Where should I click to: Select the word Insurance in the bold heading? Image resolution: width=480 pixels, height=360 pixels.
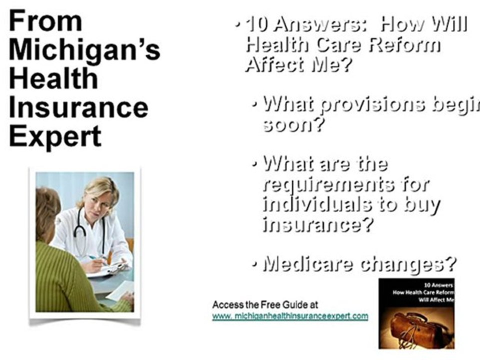click(x=78, y=107)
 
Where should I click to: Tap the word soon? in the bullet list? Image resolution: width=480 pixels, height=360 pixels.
click(x=293, y=124)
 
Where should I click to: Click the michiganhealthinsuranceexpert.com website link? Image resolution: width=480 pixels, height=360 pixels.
click(x=290, y=316)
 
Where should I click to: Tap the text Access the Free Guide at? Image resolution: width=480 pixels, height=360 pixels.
click(x=265, y=304)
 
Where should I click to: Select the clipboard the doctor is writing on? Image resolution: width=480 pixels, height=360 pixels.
click(x=108, y=270)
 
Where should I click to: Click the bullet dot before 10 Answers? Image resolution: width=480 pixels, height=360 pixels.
click(x=237, y=25)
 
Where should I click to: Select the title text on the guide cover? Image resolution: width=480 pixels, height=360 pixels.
click(x=423, y=292)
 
